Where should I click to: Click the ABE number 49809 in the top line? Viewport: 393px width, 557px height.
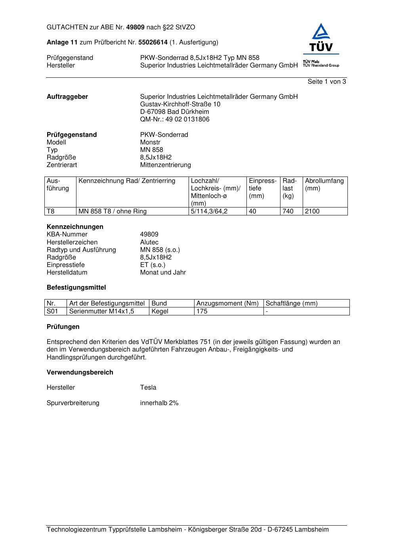tap(135, 27)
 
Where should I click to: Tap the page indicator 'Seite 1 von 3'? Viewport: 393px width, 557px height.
tap(326, 82)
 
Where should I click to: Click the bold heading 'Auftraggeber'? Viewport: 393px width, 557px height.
tap(67, 97)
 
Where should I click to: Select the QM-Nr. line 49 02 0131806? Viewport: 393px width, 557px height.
tap(175, 119)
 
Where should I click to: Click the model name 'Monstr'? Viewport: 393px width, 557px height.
tap(150, 142)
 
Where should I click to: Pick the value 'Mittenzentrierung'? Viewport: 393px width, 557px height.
tap(165, 165)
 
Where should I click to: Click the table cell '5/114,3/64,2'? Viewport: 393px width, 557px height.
tap(209, 211)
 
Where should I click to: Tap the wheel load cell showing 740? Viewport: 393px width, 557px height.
tap(288, 211)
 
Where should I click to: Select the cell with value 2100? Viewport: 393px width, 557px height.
tap(312, 211)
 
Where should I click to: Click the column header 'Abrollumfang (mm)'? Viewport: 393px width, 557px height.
tap(324, 185)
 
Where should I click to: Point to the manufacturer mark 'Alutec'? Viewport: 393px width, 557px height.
tap(149, 242)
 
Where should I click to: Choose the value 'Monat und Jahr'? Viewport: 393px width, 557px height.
tap(163, 273)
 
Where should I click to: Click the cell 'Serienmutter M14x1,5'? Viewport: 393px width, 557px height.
tap(102, 311)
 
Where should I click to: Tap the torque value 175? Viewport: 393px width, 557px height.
tap(202, 311)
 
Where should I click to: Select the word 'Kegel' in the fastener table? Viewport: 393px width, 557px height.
tap(160, 311)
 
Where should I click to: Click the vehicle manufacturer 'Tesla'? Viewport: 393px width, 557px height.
tap(148, 388)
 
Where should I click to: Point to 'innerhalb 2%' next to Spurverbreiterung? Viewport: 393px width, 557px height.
tap(159, 403)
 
